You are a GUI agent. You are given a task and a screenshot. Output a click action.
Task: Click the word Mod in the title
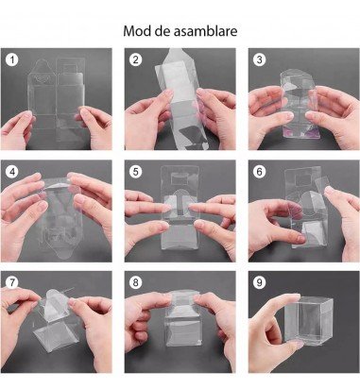coord(138,30)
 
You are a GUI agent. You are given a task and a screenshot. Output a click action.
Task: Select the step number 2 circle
coord(136,60)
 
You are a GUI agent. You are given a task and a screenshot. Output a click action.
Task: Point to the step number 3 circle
coord(259,60)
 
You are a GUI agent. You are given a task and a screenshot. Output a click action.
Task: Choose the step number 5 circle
coord(136,173)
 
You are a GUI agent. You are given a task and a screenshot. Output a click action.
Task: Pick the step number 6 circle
coord(259,173)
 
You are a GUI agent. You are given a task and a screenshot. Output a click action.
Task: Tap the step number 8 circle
coord(136,284)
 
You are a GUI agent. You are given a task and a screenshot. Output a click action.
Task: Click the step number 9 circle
coord(259,284)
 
